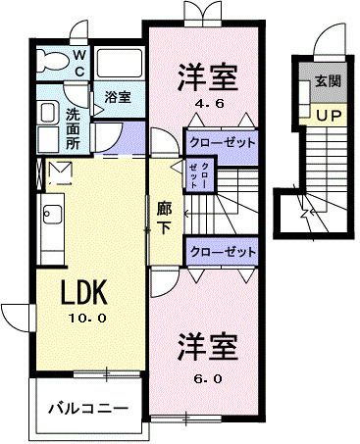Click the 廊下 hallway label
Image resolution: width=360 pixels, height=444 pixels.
click(164, 215)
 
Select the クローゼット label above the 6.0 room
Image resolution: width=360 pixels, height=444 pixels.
click(221, 251)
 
